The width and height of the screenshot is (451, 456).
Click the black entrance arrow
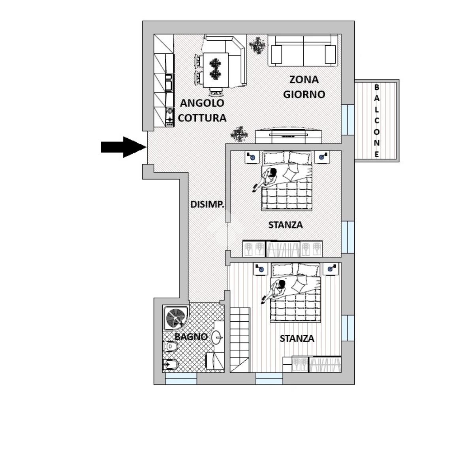[124, 147]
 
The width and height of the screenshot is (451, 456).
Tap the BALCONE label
[377, 121]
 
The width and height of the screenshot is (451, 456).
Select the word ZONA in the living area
[304, 80]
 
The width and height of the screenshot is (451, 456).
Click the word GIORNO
[304, 94]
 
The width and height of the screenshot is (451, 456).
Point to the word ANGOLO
[202, 103]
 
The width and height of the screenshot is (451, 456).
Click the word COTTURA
[202, 118]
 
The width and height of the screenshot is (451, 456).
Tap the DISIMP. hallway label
[207, 204]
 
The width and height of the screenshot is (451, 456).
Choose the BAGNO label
[191, 337]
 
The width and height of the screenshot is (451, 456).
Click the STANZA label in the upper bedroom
[286, 225]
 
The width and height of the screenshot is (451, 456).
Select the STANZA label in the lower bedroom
[297, 339]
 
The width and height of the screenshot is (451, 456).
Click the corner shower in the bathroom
[175, 318]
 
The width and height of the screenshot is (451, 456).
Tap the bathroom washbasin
[217, 337]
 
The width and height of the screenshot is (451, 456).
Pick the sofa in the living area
[303, 51]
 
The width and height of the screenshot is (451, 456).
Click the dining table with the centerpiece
[216, 70]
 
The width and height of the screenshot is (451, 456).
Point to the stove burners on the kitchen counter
[169, 116]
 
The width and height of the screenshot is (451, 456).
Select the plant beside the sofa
[257, 45]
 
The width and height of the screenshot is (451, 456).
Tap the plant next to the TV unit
[239, 134]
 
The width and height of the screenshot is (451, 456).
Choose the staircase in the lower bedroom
[240, 340]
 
